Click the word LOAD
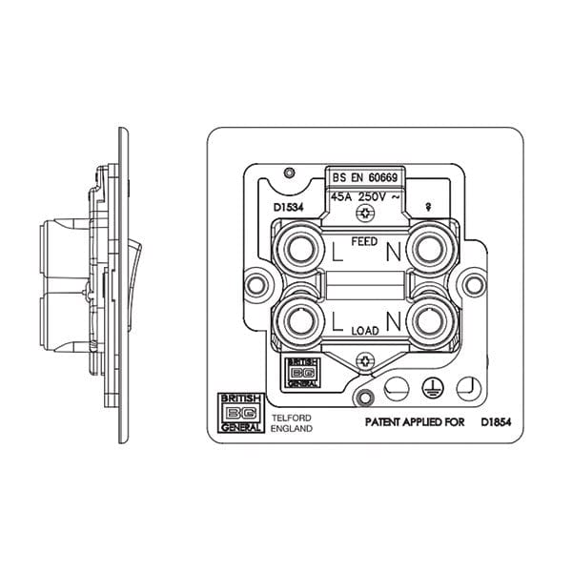coord(365,329)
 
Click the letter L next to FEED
coord(337,254)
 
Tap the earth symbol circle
coord(430,388)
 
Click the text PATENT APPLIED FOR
coord(415,419)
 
